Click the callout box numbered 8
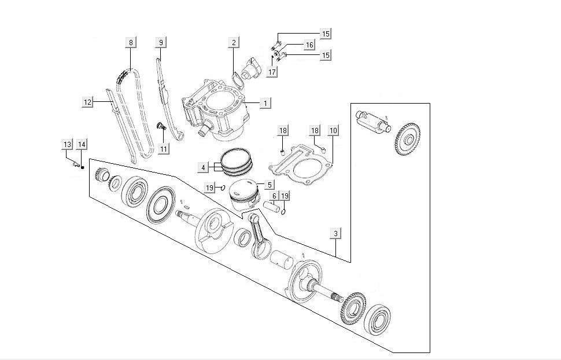click(x=131, y=42)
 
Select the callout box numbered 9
click(x=161, y=42)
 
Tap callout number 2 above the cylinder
click(x=234, y=42)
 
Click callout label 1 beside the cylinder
click(x=265, y=103)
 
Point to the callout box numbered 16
click(x=309, y=45)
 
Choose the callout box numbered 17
click(x=272, y=72)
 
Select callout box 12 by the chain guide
click(x=88, y=102)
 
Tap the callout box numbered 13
click(x=68, y=144)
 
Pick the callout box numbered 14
click(x=82, y=144)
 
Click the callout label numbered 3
click(x=336, y=234)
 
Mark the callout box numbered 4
click(x=202, y=168)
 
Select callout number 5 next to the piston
click(x=269, y=185)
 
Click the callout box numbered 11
click(x=165, y=149)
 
